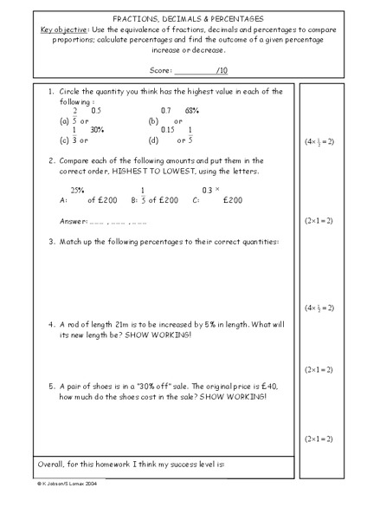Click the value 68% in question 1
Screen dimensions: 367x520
click(192, 111)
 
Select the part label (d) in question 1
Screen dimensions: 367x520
click(153, 140)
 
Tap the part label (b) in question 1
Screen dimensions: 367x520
click(153, 120)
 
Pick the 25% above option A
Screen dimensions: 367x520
click(78, 190)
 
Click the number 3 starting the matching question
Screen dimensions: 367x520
click(52, 242)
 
